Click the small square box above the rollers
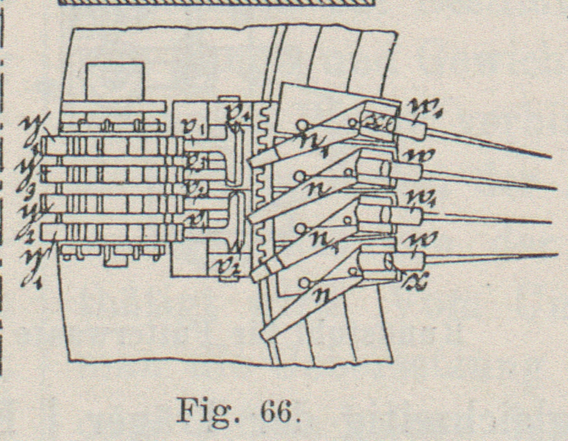tap(115, 81)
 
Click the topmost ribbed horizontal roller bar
tap(113, 146)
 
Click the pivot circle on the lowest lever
tap(304, 281)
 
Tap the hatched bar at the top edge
tap(214, 3)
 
